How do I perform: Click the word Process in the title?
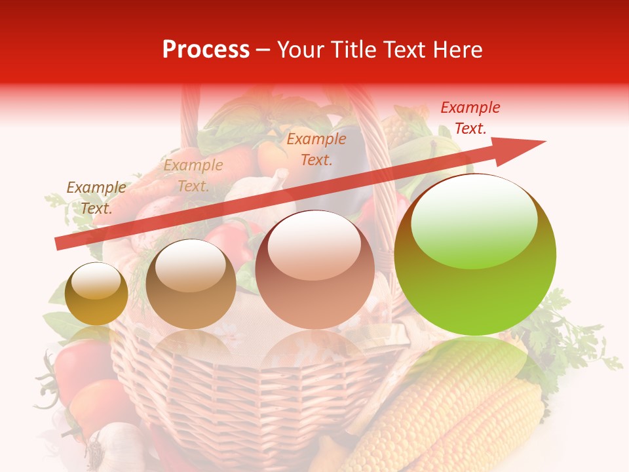click(x=206, y=50)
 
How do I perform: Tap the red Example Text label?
click(x=470, y=118)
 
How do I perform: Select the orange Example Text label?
click(x=316, y=149)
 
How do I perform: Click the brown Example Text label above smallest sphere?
click(x=96, y=198)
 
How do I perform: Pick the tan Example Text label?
click(x=193, y=176)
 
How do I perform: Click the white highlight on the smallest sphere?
click(x=96, y=282)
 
